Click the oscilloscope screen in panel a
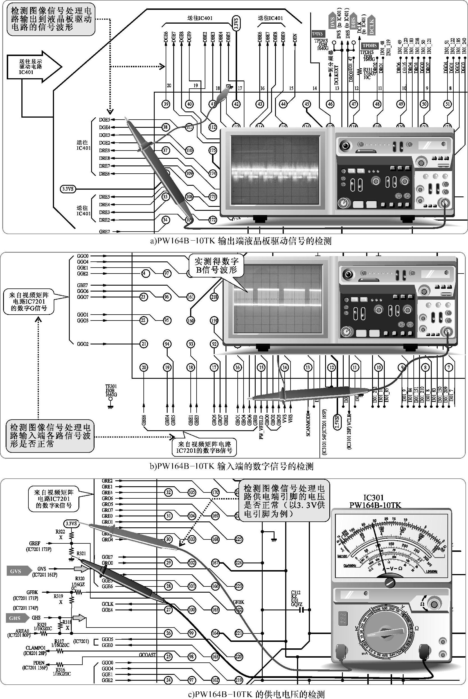click(275, 170)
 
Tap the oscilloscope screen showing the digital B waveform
click(278, 298)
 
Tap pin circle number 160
click(190, 321)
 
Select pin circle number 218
click(214, 297)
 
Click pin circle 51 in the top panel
click(447, 104)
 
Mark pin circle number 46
click(330, 104)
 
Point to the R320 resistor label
click(80, 578)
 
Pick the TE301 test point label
click(111, 391)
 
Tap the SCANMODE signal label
click(308, 424)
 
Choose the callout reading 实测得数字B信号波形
click(216, 265)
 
